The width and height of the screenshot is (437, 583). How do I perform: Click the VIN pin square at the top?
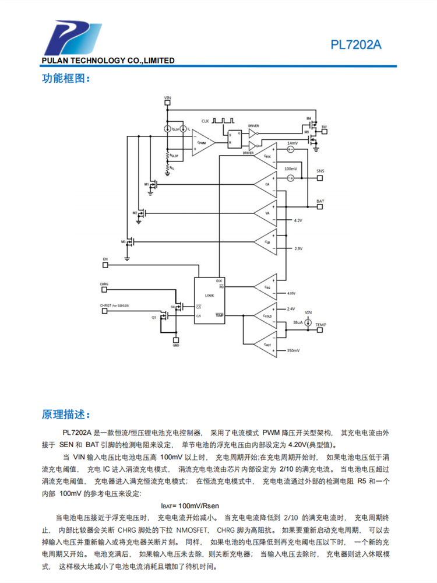click(168, 103)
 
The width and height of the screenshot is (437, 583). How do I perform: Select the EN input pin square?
click(105, 264)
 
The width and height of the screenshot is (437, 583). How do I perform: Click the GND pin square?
click(175, 339)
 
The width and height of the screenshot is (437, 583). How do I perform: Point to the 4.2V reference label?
click(298, 220)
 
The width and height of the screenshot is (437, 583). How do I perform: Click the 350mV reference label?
click(293, 350)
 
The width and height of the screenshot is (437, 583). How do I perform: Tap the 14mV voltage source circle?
click(290, 149)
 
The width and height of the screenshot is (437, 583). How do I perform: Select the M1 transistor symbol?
click(153, 185)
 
